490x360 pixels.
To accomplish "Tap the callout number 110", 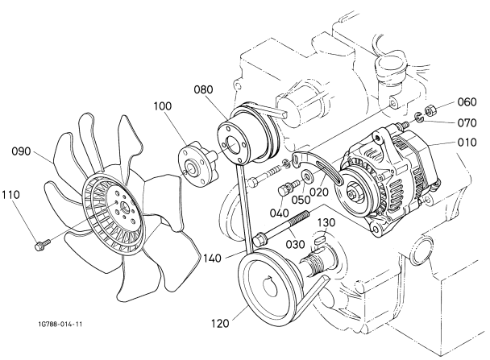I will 13,195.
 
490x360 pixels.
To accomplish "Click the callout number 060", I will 468,103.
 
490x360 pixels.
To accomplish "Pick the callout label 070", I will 468,123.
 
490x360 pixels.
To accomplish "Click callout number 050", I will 301,200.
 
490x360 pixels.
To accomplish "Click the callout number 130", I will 326,221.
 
